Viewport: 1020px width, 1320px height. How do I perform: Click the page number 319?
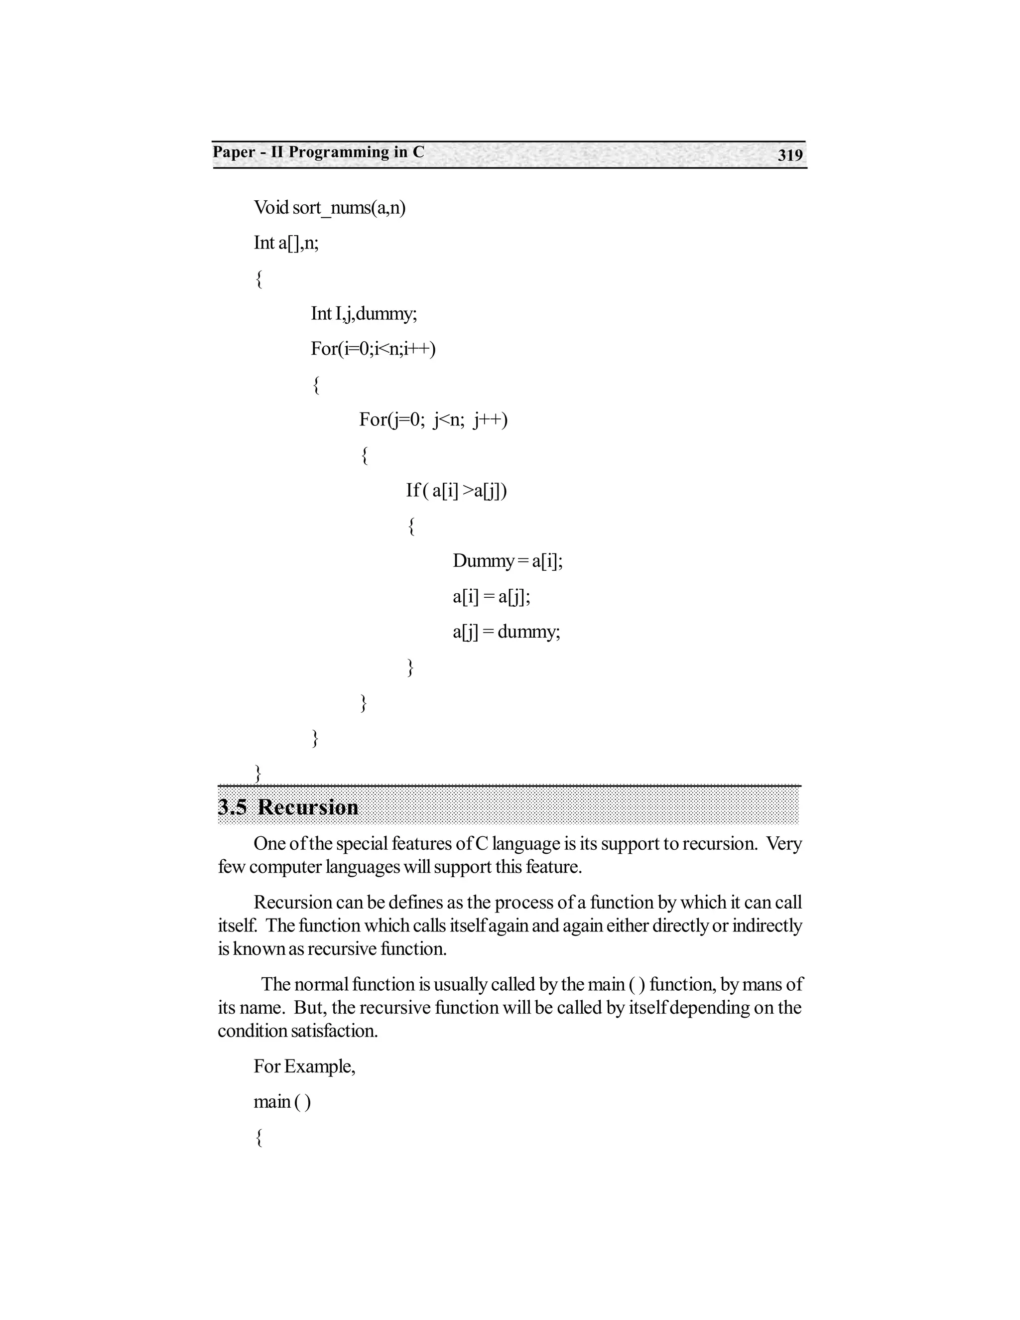point(790,155)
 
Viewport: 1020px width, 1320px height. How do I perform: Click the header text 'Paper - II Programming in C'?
point(318,152)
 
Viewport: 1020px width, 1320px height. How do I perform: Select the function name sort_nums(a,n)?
point(349,208)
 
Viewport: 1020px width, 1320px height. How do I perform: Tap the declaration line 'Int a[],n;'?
point(286,243)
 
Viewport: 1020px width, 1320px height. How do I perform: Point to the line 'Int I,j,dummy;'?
point(364,314)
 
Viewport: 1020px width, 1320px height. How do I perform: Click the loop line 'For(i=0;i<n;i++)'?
point(373,349)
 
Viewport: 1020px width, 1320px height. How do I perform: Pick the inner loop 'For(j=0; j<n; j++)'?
point(433,419)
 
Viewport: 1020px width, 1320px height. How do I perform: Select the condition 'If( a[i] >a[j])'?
point(456,490)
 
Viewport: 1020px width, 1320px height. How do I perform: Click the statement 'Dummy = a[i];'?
point(508,561)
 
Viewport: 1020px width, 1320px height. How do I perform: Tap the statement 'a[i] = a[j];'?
point(491,597)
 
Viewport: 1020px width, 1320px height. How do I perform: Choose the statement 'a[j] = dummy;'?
point(507,632)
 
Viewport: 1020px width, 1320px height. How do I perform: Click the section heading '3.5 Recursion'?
point(288,807)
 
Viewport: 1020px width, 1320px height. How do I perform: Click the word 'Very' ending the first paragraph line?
point(784,843)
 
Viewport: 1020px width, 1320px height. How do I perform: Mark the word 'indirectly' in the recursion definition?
point(767,926)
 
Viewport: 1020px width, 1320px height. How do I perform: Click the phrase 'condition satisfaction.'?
point(298,1031)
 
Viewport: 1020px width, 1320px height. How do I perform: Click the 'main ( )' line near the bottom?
point(282,1102)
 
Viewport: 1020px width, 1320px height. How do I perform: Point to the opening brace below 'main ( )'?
point(258,1138)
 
